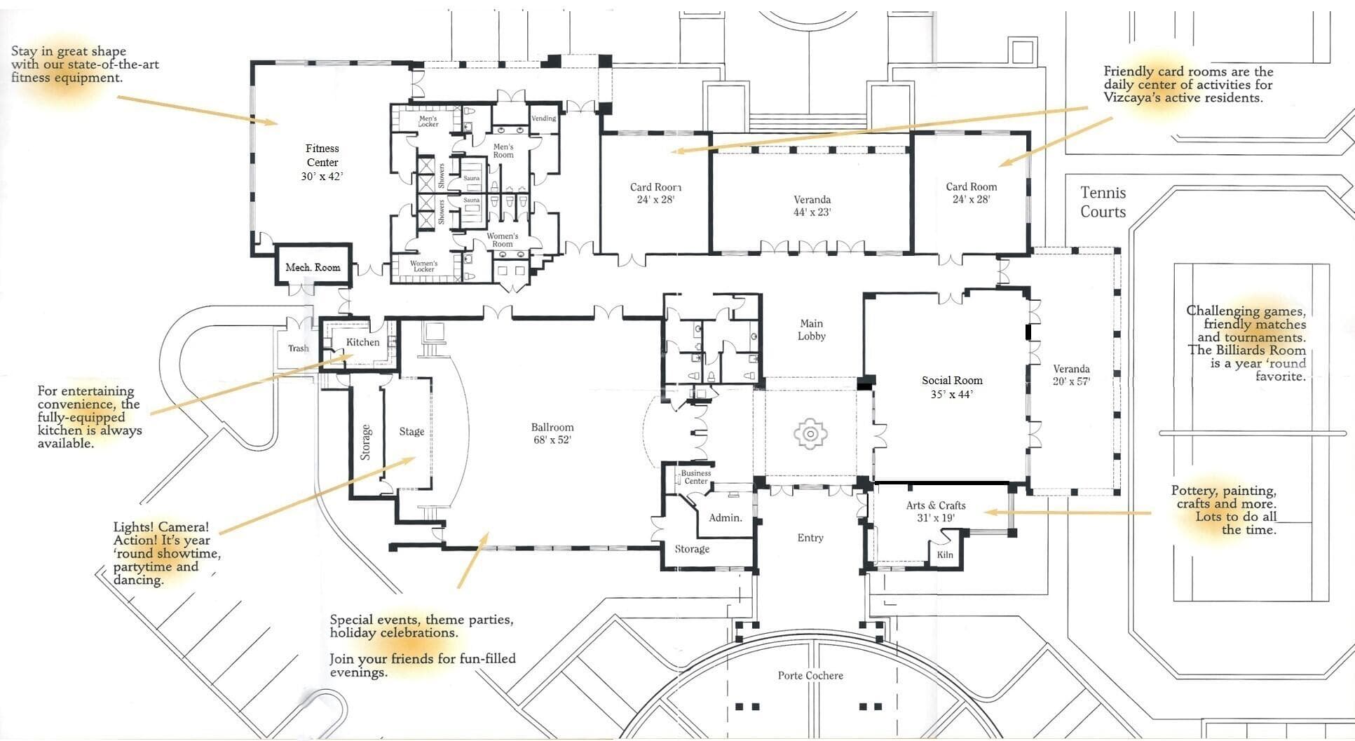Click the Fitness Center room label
click(x=322, y=163)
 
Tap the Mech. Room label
click(x=313, y=267)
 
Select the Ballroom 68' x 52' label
click(x=552, y=433)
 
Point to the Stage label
click(x=411, y=432)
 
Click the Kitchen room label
click(x=363, y=342)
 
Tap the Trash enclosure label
click(x=299, y=348)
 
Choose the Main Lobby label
click(x=812, y=329)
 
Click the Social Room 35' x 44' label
click(x=952, y=387)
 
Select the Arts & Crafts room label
click(x=936, y=512)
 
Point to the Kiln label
click(x=945, y=555)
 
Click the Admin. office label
click(x=726, y=517)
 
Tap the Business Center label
click(x=696, y=477)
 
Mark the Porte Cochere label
click(x=810, y=676)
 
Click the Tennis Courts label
click(x=1103, y=202)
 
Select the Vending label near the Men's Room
click(x=544, y=118)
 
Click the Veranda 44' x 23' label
click(x=812, y=206)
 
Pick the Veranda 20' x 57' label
click(x=1071, y=375)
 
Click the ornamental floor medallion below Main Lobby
click(x=810, y=434)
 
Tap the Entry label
click(x=810, y=538)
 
